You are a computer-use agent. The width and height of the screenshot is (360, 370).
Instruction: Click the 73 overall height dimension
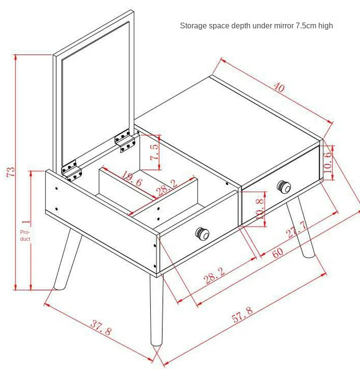pyautogui.click(x=11, y=172)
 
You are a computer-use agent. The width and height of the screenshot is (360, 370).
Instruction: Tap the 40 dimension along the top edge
pyautogui.click(x=279, y=87)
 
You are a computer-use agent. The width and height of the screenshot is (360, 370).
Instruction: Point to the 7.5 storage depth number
pyautogui.click(x=155, y=152)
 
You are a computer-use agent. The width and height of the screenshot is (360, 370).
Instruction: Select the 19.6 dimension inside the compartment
pyautogui.click(x=132, y=179)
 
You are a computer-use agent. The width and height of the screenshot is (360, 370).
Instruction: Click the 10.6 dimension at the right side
pyautogui.click(x=328, y=162)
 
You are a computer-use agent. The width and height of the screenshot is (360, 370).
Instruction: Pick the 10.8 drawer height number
pyautogui.click(x=260, y=209)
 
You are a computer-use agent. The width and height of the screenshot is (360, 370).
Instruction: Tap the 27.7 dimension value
pyautogui.click(x=297, y=229)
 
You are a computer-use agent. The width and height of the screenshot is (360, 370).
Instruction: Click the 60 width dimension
pyautogui.click(x=278, y=252)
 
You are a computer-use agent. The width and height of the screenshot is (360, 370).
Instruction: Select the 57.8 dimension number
pyautogui.click(x=242, y=315)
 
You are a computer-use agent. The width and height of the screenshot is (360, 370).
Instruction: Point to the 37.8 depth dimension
pyautogui.click(x=101, y=327)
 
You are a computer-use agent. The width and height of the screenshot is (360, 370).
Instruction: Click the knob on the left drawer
pyautogui.click(x=202, y=234)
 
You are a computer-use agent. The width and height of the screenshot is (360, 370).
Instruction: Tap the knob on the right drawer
pyautogui.click(x=284, y=187)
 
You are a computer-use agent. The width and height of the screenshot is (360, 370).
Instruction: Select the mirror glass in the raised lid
pyautogui.click(x=96, y=93)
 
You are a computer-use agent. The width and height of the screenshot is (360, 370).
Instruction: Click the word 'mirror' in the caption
pyautogui.click(x=280, y=25)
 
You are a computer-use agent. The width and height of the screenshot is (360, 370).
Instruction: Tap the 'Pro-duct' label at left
pyautogui.click(x=25, y=235)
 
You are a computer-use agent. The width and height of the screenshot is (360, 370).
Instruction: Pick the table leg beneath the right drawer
pyautogui.click(x=300, y=226)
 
